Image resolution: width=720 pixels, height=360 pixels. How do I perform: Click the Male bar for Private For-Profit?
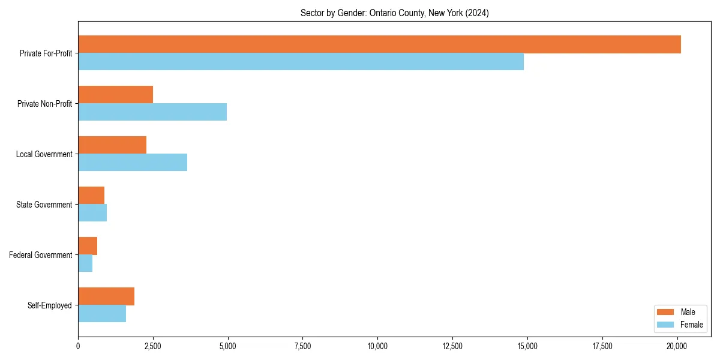379,44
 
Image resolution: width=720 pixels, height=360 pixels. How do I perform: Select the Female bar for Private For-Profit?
301,62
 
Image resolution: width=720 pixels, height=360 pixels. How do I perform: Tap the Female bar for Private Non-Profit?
152,112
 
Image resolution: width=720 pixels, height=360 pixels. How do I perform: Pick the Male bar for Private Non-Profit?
115,95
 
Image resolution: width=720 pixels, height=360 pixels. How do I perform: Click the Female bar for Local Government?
133,163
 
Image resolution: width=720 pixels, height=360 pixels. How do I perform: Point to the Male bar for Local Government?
112,145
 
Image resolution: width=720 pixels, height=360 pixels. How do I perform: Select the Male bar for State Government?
91,196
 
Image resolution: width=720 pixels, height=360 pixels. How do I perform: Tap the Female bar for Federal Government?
85,263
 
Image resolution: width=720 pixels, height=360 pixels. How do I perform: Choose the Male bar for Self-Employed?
106,296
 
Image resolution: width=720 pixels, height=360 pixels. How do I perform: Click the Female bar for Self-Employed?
102,314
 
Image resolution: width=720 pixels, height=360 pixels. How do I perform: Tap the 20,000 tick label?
677,346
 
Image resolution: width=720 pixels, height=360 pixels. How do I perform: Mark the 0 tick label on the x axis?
78,346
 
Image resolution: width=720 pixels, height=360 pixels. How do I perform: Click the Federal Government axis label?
41,255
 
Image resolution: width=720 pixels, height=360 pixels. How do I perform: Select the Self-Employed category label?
50,305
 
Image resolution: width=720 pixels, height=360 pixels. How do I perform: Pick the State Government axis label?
44,205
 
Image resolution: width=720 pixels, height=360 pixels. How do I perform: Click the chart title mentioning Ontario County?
394,13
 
